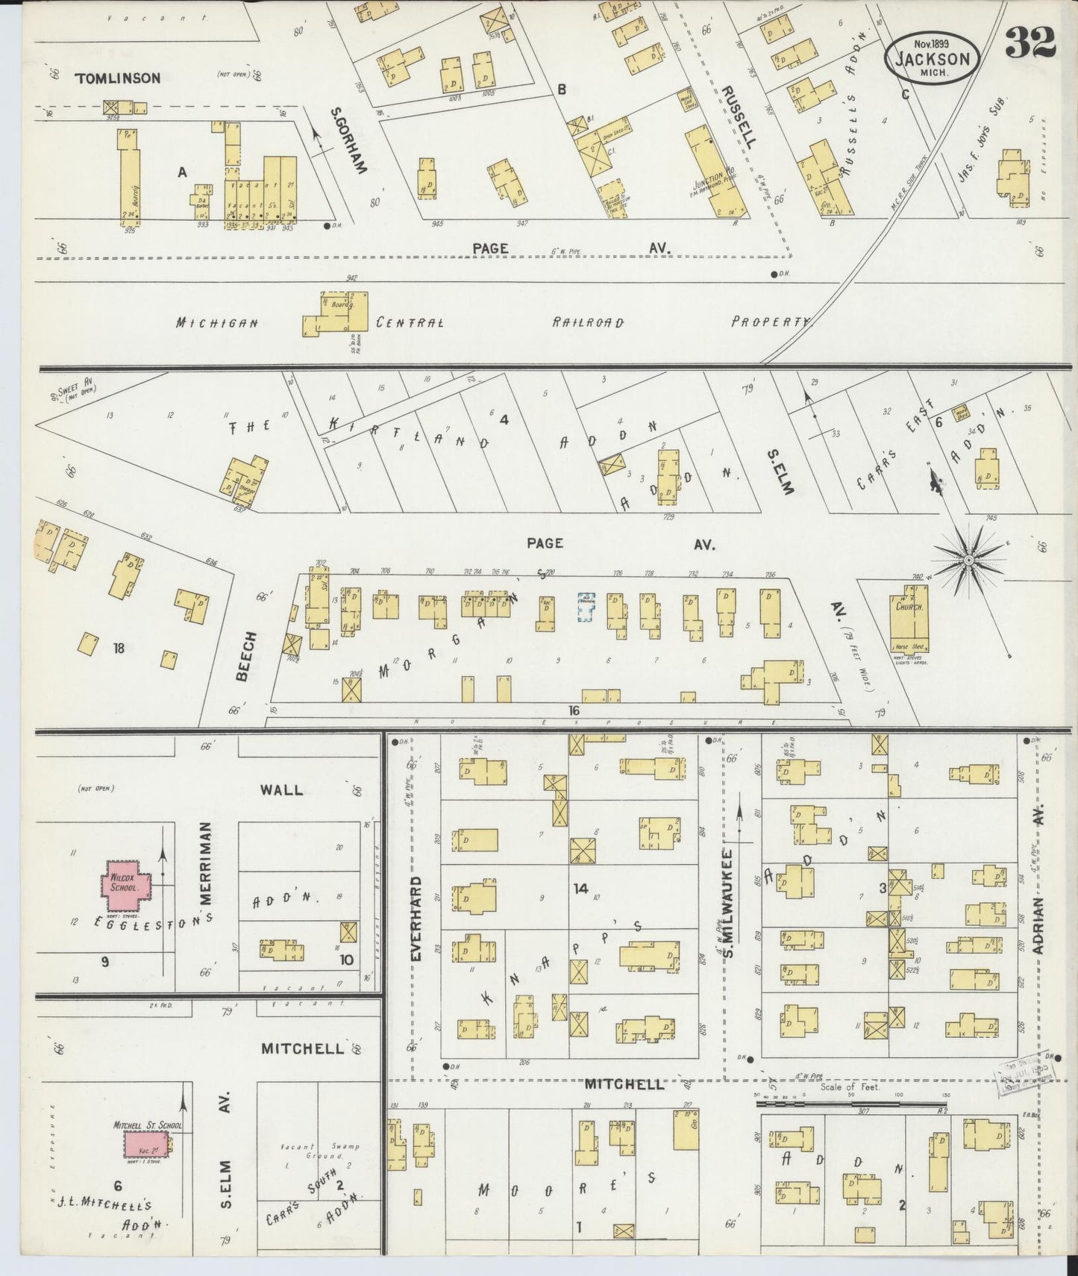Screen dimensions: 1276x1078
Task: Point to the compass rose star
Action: tap(968, 560)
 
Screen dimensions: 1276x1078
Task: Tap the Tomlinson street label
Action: tap(117, 78)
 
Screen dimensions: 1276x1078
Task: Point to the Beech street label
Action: tap(247, 656)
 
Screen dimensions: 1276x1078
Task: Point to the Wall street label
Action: tap(282, 789)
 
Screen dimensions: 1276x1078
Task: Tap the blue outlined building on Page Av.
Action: tap(586, 607)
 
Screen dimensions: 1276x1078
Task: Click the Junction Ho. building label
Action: tap(714, 178)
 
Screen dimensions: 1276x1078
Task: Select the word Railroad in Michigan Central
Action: tap(588, 322)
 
